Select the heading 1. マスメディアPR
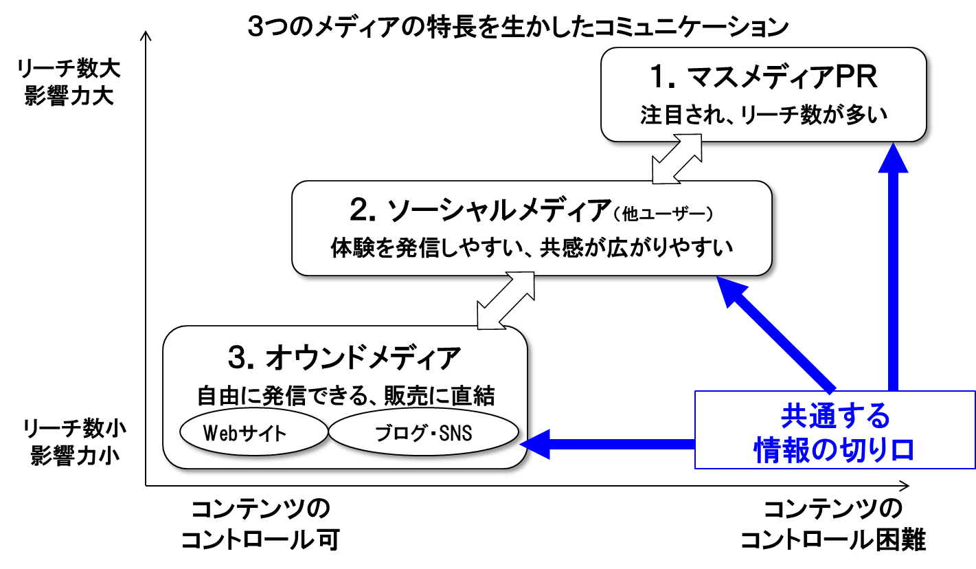pos(764,78)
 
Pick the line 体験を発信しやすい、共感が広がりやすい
pos(532,247)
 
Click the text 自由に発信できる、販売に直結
pos(345,397)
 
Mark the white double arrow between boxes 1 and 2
pos(677,159)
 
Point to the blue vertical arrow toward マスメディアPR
pos(893,268)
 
